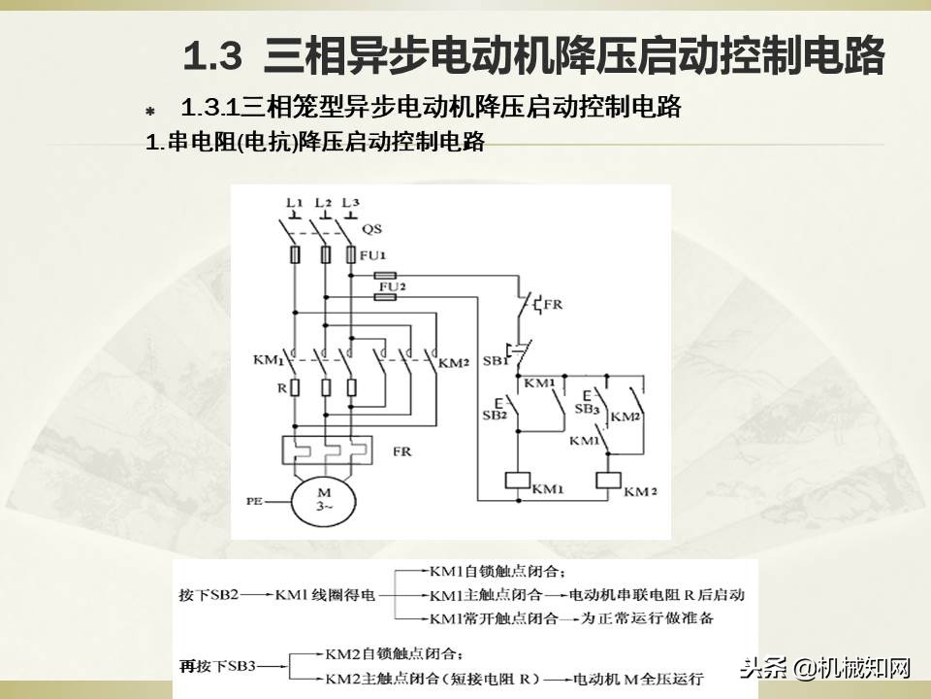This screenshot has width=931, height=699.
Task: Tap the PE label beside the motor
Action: click(254, 501)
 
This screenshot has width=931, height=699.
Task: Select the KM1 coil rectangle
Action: click(517, 479)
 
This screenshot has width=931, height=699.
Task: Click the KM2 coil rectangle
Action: click(608, 479)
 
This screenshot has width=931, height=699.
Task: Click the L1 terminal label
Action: click(294, 202)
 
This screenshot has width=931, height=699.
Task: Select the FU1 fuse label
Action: click(372, 257)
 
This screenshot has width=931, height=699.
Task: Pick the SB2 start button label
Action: click(495, 415)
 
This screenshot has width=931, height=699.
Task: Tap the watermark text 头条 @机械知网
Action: click(825, 668)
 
